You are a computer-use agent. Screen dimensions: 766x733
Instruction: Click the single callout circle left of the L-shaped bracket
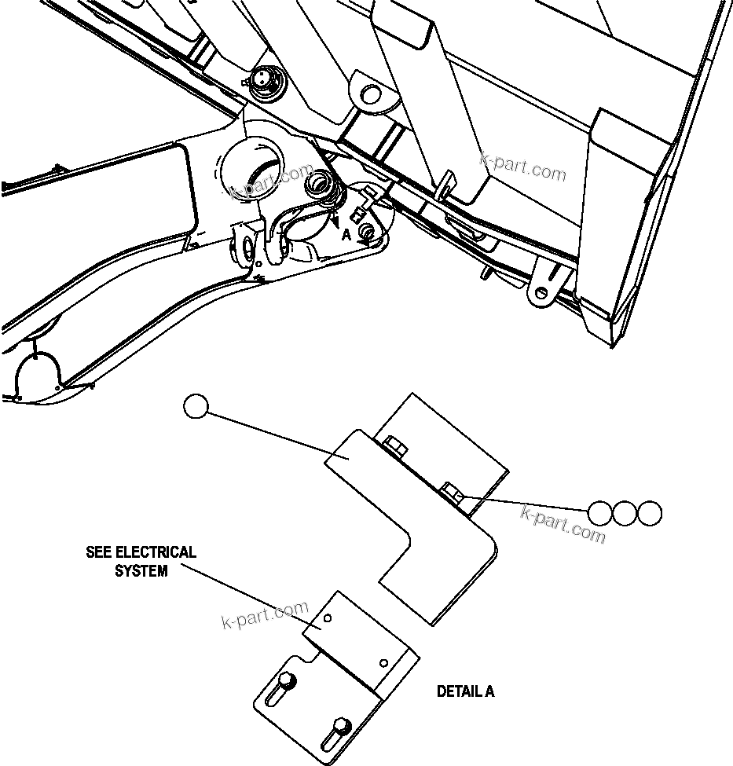(195, 406)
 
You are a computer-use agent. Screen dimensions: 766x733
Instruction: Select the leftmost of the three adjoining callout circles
(600, 513)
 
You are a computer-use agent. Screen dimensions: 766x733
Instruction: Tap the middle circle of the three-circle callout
(625, 513)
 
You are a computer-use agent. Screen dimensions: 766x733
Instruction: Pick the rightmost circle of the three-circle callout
(649, 513)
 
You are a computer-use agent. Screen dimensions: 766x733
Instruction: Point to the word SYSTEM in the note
(141, 571)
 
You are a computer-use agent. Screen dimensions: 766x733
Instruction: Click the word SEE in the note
(99, 552)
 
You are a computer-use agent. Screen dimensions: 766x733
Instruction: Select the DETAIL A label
(465, 691)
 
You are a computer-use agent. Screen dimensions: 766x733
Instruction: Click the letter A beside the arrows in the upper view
(346, 234)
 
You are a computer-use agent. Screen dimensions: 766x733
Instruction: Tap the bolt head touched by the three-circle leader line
(452, 493)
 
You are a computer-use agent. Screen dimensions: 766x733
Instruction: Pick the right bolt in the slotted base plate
(340, 724)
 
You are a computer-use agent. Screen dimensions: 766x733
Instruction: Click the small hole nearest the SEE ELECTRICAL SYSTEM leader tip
(328, 618)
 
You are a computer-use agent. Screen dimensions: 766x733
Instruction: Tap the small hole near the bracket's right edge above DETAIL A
(383, 662)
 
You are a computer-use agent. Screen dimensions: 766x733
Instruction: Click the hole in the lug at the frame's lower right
(542, 293)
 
